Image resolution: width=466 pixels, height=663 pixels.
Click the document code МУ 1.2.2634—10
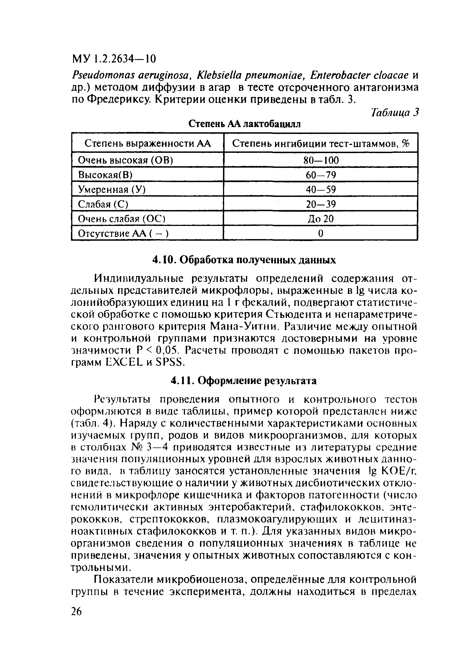point(113,59)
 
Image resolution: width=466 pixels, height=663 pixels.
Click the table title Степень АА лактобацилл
point(244,124)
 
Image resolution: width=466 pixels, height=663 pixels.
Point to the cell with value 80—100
point(321,160)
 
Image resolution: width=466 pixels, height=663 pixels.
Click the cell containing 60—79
point(321,175)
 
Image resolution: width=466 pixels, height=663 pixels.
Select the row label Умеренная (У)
point(112,190)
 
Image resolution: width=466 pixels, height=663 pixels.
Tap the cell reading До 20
point(321,219)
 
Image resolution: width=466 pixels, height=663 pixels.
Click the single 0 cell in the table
point(321,234)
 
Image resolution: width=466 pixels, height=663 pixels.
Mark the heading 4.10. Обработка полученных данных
point(244,260)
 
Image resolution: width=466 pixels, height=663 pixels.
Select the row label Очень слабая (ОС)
point(121,219)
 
